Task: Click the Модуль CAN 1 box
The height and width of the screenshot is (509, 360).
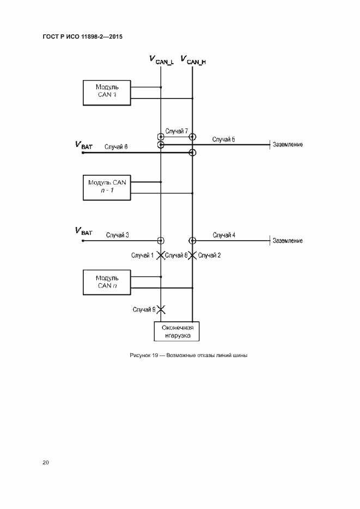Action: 107,93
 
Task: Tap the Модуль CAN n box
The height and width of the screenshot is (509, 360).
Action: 107,281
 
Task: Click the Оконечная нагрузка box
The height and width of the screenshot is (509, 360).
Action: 177,332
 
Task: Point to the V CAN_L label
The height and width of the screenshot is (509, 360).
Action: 161,60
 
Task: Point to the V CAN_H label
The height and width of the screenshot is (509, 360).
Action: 193,60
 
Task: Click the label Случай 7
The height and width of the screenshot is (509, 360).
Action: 177,131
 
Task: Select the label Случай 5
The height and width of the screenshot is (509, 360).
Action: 224,139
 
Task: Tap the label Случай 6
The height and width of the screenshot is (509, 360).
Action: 116,146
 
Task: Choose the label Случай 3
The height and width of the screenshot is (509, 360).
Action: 117,235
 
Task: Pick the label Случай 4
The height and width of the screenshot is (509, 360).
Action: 224,235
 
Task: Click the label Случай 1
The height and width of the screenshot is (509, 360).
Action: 142,255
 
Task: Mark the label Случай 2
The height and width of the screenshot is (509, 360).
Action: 209,255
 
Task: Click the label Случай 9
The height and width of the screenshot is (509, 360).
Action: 144,309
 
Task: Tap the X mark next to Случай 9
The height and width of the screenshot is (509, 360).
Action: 161,309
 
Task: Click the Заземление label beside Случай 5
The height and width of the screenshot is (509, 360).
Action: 288,145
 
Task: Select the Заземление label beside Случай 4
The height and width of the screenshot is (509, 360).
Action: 288,241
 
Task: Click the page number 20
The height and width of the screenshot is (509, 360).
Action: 46,463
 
